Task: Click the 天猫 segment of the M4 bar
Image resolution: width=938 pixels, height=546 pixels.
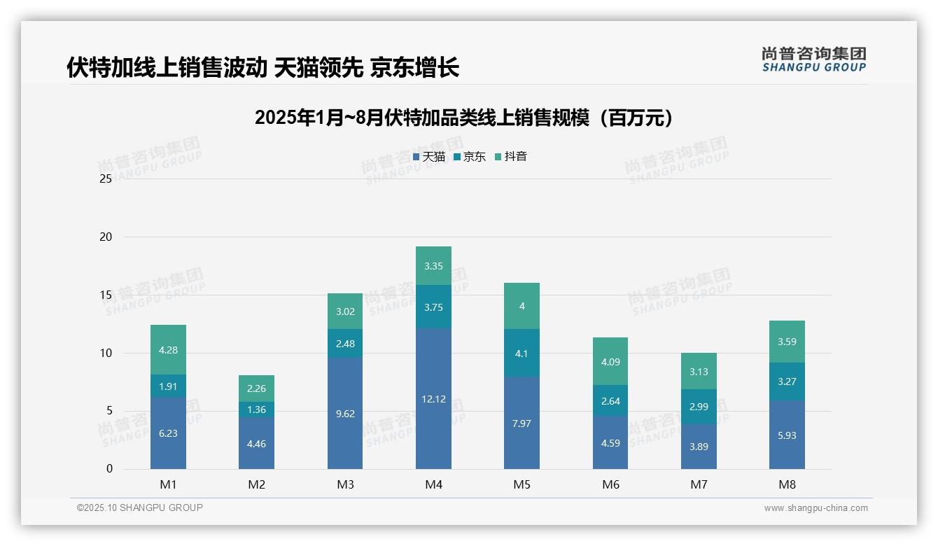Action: (433, 398)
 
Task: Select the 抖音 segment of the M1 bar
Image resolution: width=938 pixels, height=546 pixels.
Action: (168, 349)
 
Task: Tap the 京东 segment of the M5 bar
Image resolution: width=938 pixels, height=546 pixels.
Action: (521, 353)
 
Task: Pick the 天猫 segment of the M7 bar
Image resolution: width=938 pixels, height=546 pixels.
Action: (699, 447)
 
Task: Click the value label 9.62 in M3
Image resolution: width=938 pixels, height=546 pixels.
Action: (345, 414)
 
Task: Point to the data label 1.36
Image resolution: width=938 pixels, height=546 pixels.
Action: (256, 409)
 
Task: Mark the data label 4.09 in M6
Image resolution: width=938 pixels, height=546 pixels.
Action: (610, 362)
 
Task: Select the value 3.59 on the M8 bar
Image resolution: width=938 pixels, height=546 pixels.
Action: (787, 342)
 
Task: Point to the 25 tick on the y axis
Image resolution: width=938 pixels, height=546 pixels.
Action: (106, 179)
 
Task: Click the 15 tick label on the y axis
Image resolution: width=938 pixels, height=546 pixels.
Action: (106, 295)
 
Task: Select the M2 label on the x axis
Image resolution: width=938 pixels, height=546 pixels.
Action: (256, 484)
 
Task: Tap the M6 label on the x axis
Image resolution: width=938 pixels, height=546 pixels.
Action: (610, 484)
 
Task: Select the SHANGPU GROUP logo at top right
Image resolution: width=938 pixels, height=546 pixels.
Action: (813, 59)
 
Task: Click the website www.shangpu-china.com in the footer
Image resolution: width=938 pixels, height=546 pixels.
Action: (815, 508)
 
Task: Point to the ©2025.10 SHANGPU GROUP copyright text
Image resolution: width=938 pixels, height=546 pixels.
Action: (140, 507)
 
